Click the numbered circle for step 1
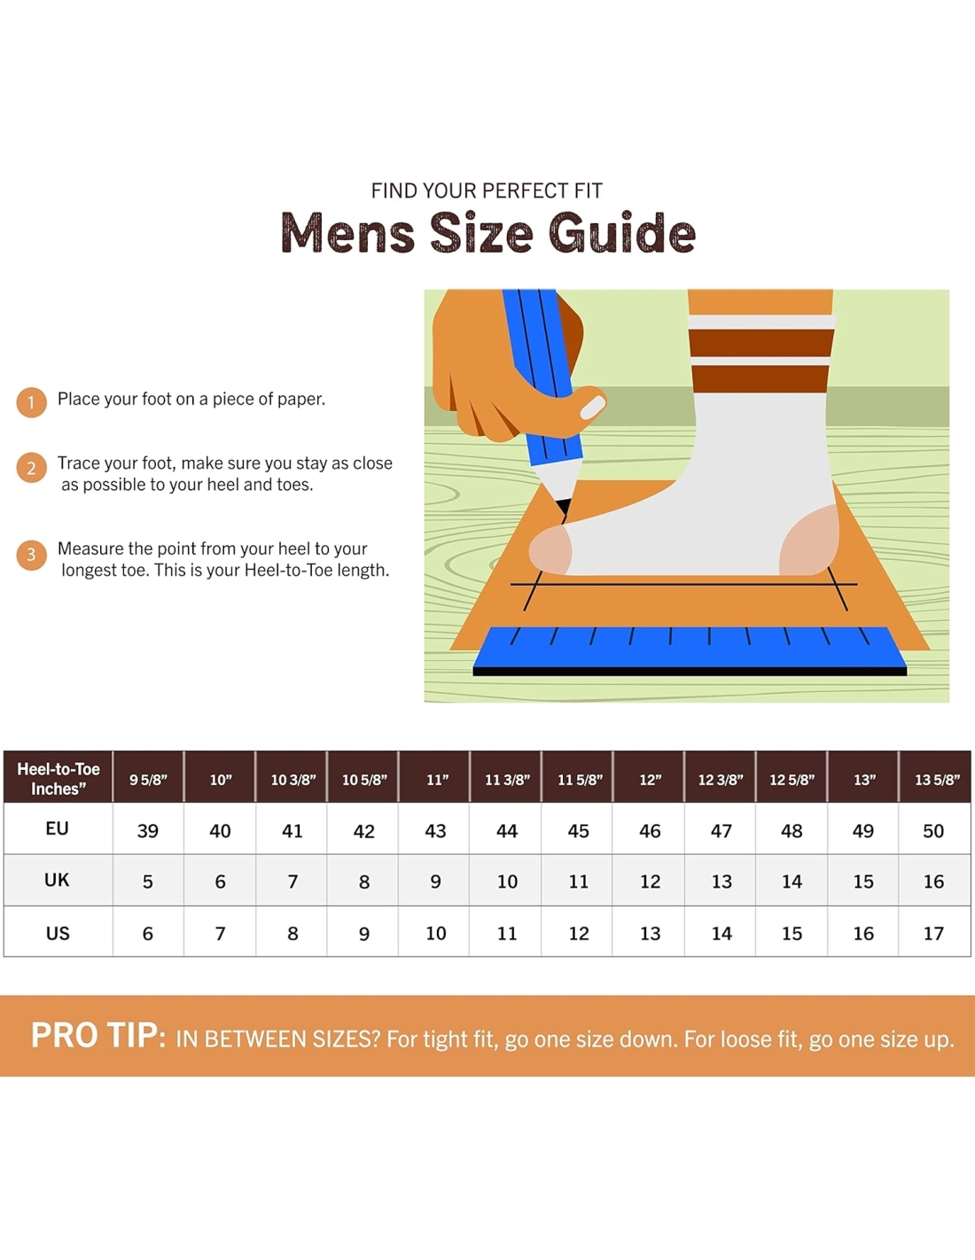coord(31,402)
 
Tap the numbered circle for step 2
coord(31,468)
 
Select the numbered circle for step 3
coord(31,555)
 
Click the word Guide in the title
coord(621,232)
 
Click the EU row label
coord(58,828)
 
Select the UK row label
coord(57,880)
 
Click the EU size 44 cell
coord(506,831)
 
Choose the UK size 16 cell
coord(933,882)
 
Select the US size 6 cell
coord(148,934)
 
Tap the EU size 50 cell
coord(933,831)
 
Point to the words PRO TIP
coord(98,1036)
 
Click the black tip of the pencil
coord(563,508)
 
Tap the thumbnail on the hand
coord(592,407)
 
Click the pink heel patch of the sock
coord(810,540)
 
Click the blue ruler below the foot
coord(690,650)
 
